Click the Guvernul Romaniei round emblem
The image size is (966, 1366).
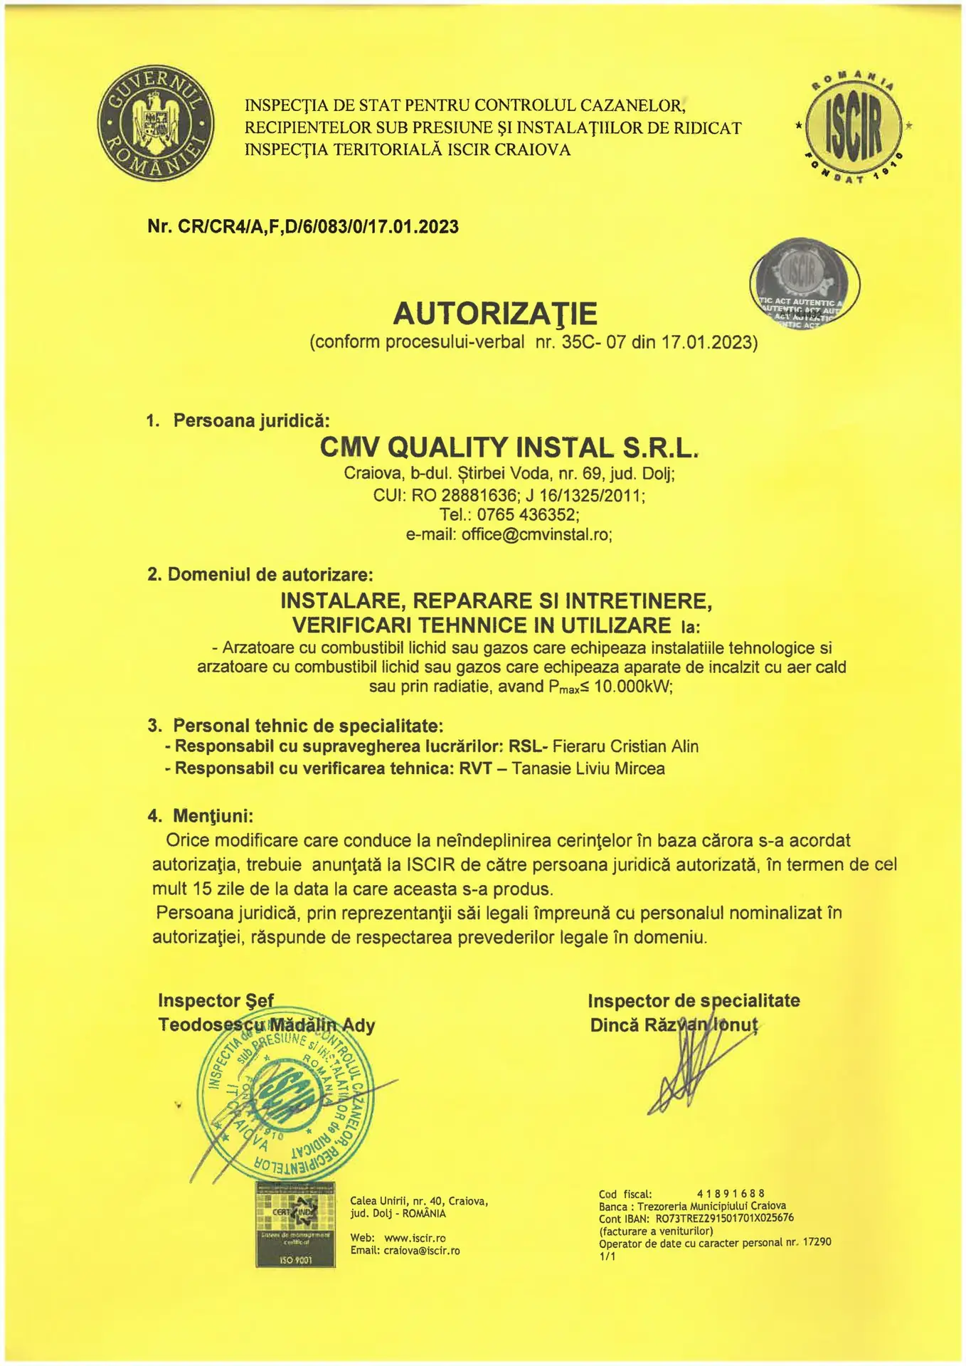point(155,127)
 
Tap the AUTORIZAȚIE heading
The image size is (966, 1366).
point(495,312)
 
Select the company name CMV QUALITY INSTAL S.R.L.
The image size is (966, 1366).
point(509,447)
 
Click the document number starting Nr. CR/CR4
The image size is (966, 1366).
point(303,227)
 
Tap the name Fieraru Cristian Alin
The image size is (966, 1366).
point(625,746)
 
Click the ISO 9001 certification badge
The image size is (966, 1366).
point(295,1224)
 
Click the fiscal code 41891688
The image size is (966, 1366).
point(731,1193)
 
